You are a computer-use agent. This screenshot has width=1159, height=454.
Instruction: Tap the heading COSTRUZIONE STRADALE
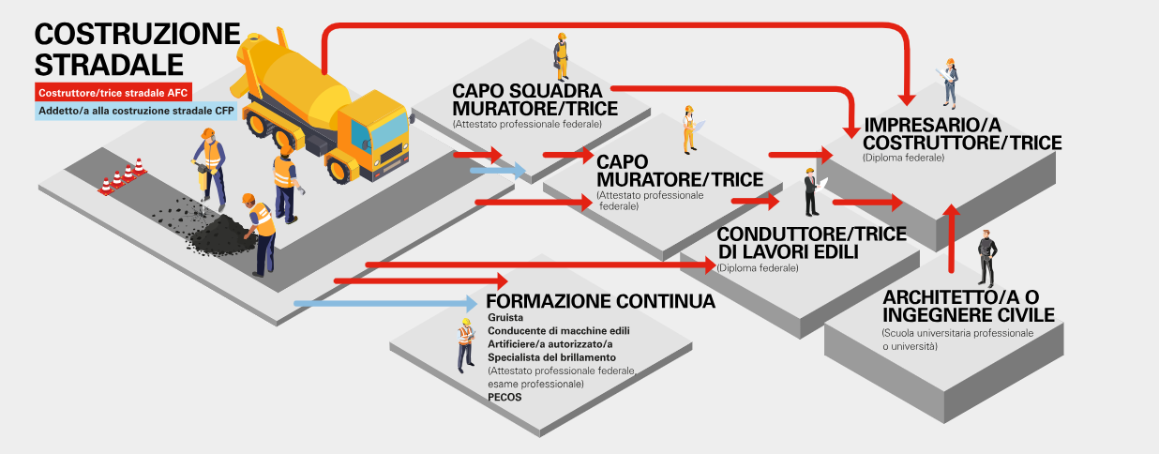click(137, 49)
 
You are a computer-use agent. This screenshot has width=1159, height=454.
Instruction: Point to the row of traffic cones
click(123, 176)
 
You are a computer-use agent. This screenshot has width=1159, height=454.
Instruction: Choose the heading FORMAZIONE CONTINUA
click(600, 301)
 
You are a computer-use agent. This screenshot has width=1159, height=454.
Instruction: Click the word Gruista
click(505, 319)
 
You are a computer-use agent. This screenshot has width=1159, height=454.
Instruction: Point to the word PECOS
click(504, 397)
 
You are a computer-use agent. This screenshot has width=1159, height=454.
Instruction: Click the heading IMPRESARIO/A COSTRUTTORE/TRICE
click(962, 133)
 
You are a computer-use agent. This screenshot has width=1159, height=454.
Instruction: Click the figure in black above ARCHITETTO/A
click(985, 257)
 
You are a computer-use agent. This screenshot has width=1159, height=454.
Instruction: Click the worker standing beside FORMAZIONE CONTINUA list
click(465, 344)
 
